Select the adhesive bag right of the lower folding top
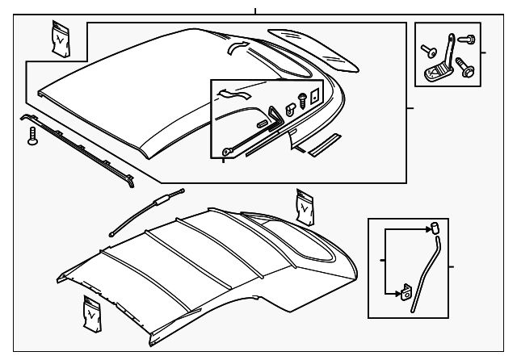(x=305, y=207)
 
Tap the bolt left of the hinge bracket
(x=426, y=51)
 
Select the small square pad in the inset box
(x=316, y=94)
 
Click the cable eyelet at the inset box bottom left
(x=225, y=151)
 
